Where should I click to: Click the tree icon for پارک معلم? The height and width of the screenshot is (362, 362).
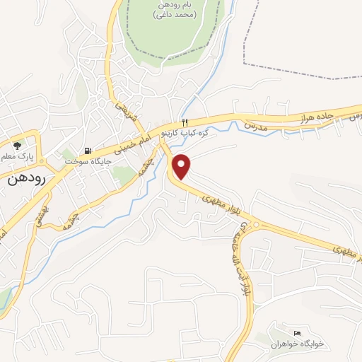click(28, 138)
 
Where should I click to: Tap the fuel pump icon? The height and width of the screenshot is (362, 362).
click(88, 150)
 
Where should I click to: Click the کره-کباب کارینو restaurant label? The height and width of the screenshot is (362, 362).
click(185, 132)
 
